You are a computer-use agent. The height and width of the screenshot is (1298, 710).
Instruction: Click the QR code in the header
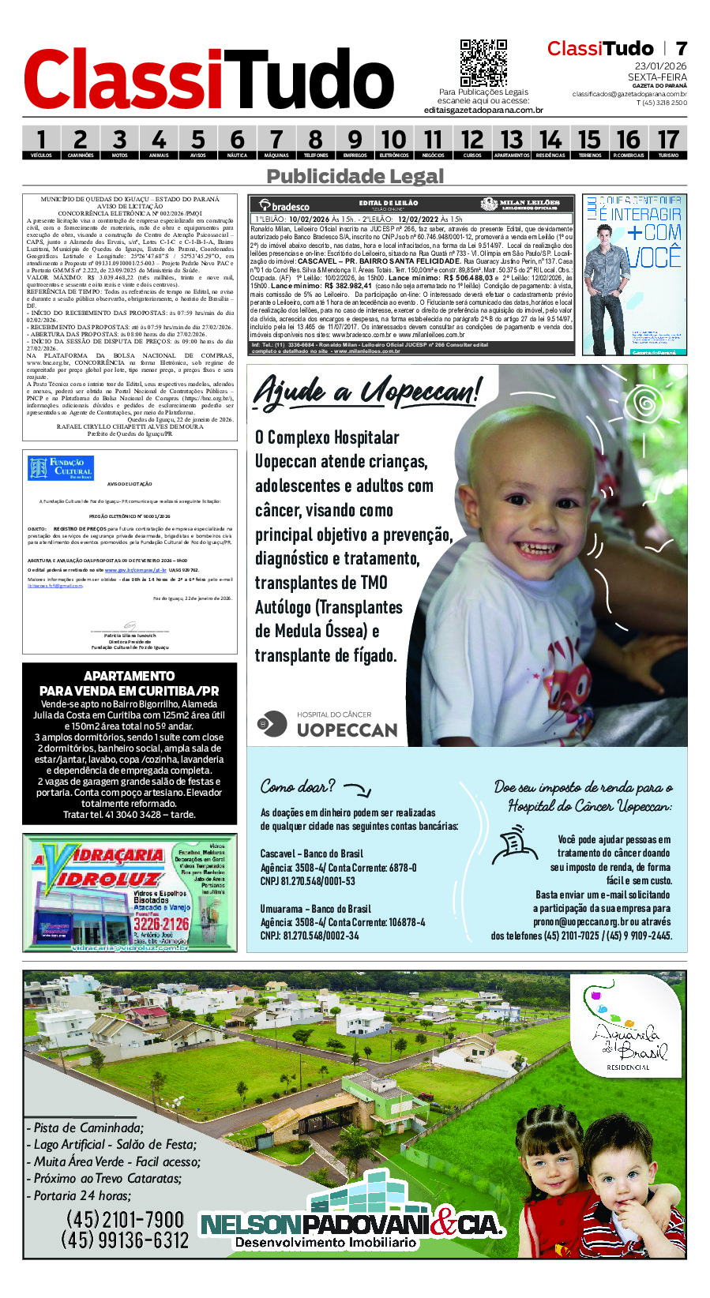483,63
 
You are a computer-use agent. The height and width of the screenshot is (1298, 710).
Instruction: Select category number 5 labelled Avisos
197,143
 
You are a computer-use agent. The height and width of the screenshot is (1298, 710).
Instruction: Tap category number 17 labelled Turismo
668,143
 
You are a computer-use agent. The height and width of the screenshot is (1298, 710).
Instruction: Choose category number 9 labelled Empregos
355,143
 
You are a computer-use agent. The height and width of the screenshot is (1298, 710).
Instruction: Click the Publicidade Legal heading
355,176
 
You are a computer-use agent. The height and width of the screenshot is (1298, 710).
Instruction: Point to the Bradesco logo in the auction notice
284,205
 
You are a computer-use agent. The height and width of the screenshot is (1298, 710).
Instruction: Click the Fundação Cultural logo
60,468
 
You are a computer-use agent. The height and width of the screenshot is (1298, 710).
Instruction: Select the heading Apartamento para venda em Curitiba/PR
130,683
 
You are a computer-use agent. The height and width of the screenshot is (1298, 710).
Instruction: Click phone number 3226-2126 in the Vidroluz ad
161,924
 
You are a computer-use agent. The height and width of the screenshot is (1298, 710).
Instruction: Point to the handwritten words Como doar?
298,786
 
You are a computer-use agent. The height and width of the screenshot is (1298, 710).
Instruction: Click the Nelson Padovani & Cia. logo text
351,1225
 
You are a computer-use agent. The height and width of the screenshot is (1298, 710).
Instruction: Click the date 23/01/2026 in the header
661,66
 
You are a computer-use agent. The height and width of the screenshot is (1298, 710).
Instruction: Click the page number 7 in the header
681,48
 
